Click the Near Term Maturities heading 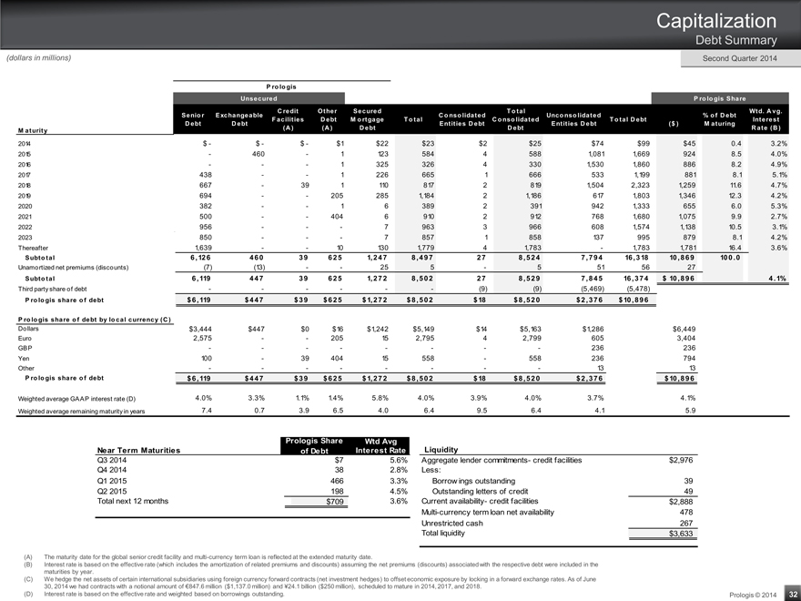point(140,449)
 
